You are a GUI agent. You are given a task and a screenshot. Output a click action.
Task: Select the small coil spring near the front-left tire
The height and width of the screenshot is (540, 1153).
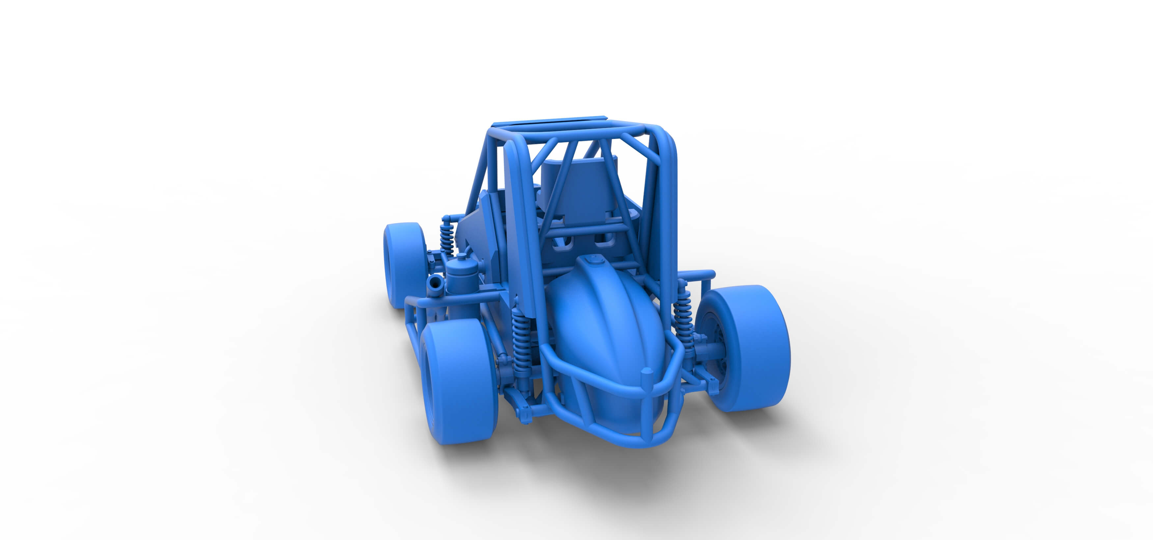click(446, 237)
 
